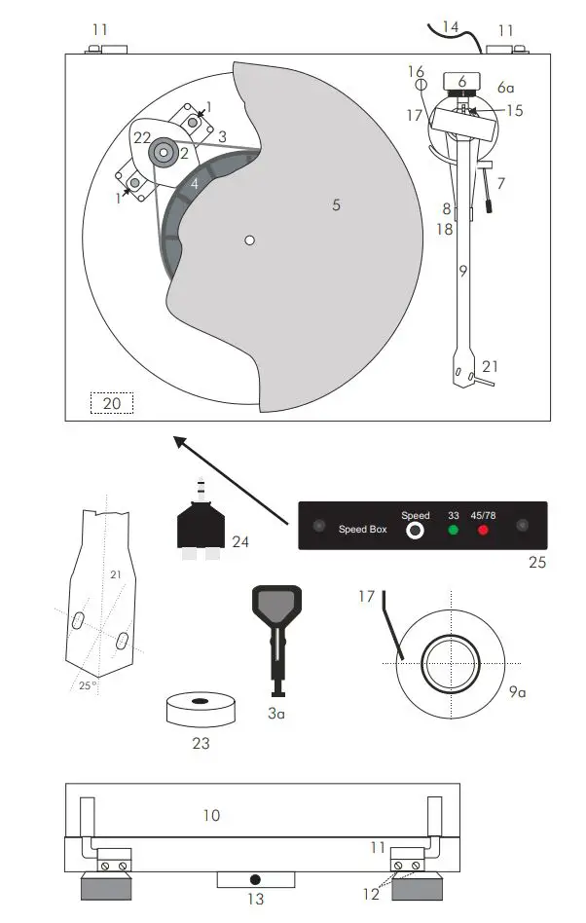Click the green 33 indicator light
tap(452, 531)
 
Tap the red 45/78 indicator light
tap(483, 531)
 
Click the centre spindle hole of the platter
tap(250, 240)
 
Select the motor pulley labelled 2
tap(162, 151)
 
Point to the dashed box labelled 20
tap(111, 403)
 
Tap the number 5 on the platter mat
tap(336, 205)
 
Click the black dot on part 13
tap(255, 879)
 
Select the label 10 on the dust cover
tap(211, 816)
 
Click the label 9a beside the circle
tap(517, 693)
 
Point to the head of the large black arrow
tap(176, 441)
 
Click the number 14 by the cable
tap(451, 27)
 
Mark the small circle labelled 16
tap(421, 86)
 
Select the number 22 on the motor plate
tap(142, 138)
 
